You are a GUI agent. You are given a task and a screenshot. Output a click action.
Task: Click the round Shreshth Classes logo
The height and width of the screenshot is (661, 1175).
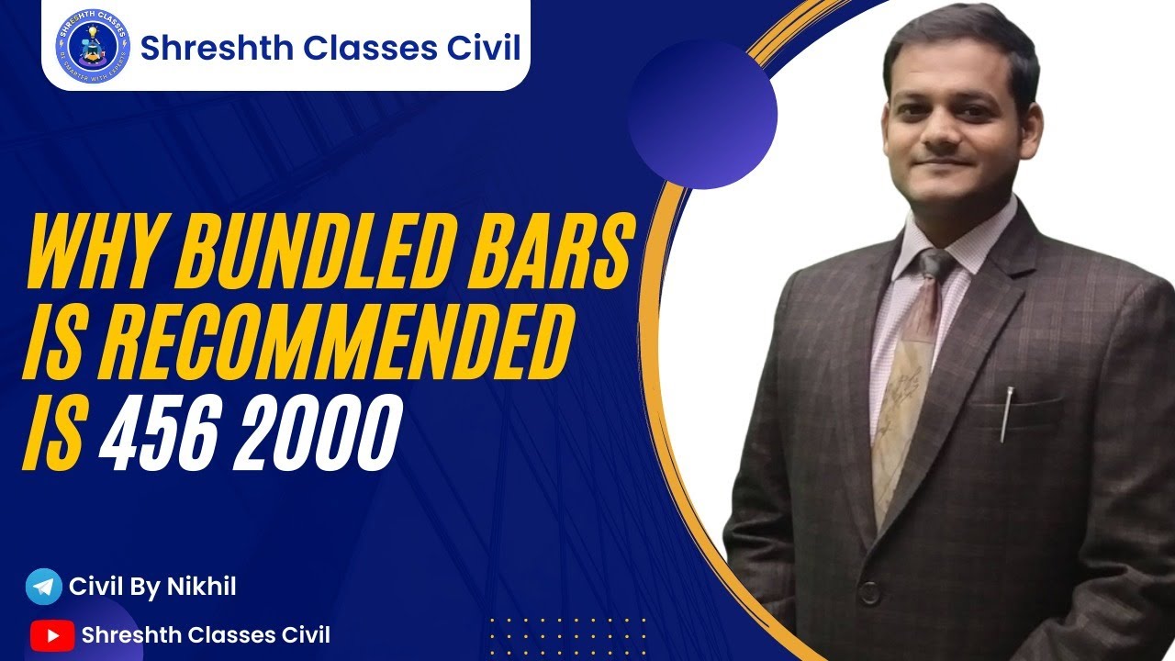(94, 46)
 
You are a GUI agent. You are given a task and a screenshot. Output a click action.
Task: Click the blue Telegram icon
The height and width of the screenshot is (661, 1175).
(43, 587)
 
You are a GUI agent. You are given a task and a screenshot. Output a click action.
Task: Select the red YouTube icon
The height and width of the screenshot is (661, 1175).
(51, 634)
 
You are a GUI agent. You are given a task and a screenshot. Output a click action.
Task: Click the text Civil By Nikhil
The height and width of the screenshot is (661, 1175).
(152, 587)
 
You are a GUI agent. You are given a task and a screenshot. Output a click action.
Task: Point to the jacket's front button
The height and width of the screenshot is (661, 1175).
(868, 592)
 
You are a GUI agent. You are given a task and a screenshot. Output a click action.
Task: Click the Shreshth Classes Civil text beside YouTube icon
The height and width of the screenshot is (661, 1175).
(206, 634)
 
